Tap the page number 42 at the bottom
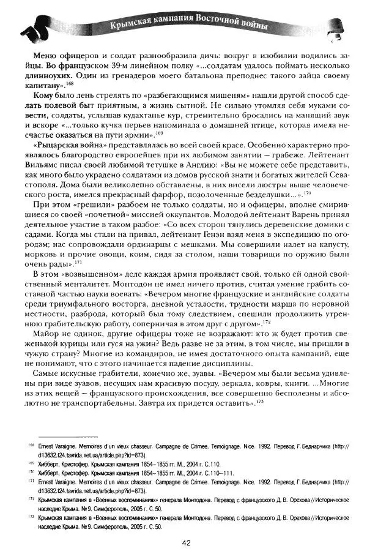tap(188, 542)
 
